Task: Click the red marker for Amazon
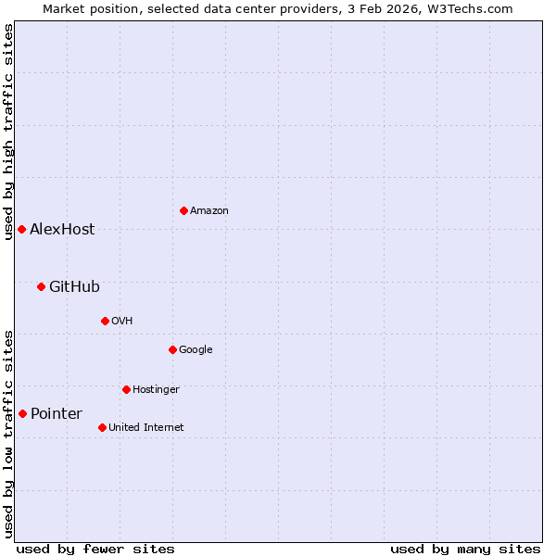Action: [x=183, y=210]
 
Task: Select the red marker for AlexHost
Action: [x=21, y=229]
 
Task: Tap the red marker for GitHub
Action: [x=41, y=286]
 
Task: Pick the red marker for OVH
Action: [x=105, y=321]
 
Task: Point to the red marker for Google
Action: [x=172, y=349]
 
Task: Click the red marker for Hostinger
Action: [x=126, y=389]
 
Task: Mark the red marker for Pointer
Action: [x=22, y=413]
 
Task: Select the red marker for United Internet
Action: [x=102, y=427]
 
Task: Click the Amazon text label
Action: [x=209, y=211]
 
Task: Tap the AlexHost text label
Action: [x=62, y=230]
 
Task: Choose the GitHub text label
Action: [x=74, y=287]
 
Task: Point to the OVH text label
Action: [x=121, y=322]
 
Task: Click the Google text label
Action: [x=196, y=350]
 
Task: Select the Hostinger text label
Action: [x=156, y=390]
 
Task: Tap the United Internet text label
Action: [x=145, y=428]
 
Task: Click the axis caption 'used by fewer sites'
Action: [x=95, y=549]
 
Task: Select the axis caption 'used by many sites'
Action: [x=465, y=549]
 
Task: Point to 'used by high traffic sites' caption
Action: [x=8, y=132]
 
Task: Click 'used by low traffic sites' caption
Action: [x=8, y=434]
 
